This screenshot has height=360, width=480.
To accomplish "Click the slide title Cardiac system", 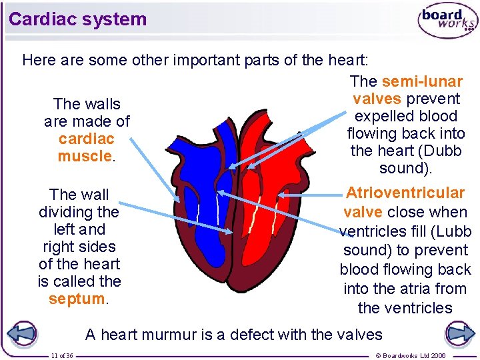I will [x=77, y=19].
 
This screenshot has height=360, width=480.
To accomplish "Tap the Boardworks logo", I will [x=447, y=21].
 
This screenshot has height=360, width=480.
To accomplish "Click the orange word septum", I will [x=77, y=299].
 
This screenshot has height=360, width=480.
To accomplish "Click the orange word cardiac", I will [x=86, y=139].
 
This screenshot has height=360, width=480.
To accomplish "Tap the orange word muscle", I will [x=84, y=156].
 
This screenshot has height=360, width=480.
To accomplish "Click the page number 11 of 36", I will [x=62, y=356].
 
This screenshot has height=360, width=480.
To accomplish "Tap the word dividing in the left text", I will [x=79, y=212].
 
